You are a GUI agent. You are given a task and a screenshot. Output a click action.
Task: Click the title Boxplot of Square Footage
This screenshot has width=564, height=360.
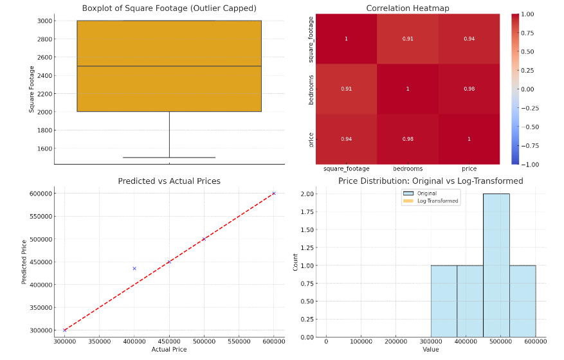click(x=169, y=8)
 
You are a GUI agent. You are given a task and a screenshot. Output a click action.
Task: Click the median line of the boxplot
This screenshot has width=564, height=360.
click(x=169, y=66)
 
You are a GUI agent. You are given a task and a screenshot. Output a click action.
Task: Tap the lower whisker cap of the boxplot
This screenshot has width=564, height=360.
click(x=169, y=157)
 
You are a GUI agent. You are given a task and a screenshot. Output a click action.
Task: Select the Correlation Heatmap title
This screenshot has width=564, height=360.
click(x=408, y=8)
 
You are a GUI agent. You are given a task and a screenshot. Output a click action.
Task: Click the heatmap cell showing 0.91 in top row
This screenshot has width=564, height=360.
click(x=408, y=39)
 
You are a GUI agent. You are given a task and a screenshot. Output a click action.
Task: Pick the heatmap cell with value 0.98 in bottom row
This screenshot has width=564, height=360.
click(x=408, y=139)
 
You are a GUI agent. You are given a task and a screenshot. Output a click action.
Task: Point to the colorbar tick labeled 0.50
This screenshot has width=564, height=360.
click(x=527, y=51)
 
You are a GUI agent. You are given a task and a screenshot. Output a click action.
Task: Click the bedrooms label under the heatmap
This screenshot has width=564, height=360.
click(x=408, y=168)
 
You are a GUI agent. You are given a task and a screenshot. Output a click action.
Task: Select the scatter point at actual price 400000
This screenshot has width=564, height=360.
click(x=134, y=268)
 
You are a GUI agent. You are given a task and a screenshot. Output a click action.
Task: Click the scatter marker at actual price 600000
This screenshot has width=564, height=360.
click(x=274, y=194)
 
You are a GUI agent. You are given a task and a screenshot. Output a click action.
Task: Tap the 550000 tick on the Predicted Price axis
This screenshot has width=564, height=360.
click(x=41, y=216)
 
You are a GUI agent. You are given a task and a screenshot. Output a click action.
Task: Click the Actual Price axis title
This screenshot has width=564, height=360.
click(x=169, y=349)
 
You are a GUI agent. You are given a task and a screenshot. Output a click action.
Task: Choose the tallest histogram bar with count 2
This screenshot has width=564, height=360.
click(x=496, y=265)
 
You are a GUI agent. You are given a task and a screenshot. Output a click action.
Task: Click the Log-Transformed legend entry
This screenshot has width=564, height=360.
click(x=438, y=201)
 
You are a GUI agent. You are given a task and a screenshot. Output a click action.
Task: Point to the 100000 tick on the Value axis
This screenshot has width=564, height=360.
click(x=361, y=341)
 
